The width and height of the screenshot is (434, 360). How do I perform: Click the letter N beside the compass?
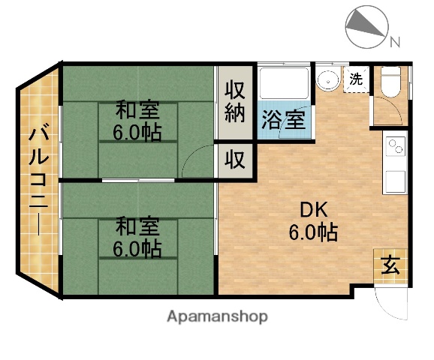pyautogui.click(x=394, y=41)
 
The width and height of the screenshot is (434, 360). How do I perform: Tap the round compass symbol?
pyautogui.click(x=366, y=26)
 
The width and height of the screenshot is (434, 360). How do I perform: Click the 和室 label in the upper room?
pyautogui.click(x=137, y=110)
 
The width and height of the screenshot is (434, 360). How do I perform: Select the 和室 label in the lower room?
pyautogui.click(x=137, y=225)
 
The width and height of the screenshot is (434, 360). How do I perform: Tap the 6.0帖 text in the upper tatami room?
pyautogui.click(x=137, y=133)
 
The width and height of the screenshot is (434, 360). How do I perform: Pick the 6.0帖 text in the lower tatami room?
pyautogui.click(x=137, y=248)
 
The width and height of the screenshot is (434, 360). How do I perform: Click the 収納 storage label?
pyautogui.click(x=236, y=102)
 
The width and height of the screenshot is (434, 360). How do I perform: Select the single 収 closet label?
pyautogui.click(x=236, y=160)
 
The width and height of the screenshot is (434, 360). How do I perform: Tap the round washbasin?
pyautogui.click(x=327, y=81)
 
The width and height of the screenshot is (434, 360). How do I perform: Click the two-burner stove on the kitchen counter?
pyautogui.click(x=396, y=143)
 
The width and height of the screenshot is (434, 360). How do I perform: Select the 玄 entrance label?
pyautogui.click(x=391, y=264)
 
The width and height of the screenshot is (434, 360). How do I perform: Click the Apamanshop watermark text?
pyautogui.click(x=218, y=316)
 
